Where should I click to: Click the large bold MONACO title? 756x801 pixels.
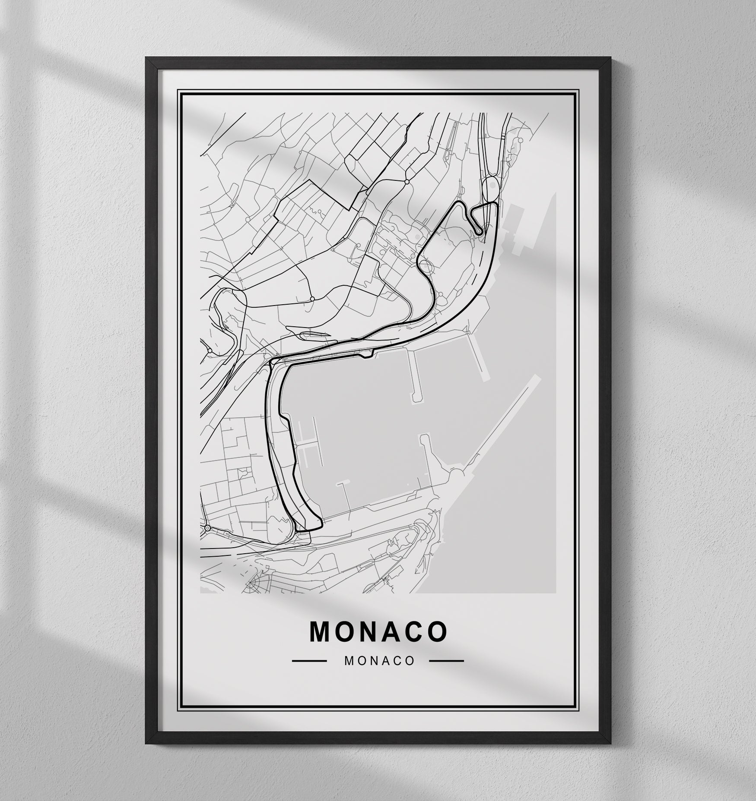(378, 631)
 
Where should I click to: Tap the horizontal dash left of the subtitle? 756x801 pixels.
(309, 661)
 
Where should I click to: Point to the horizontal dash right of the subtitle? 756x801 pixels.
(446, 661)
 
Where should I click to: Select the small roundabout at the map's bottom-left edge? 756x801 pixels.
(207, 528)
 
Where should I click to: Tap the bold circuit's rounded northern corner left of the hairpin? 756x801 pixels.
(460, 203)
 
